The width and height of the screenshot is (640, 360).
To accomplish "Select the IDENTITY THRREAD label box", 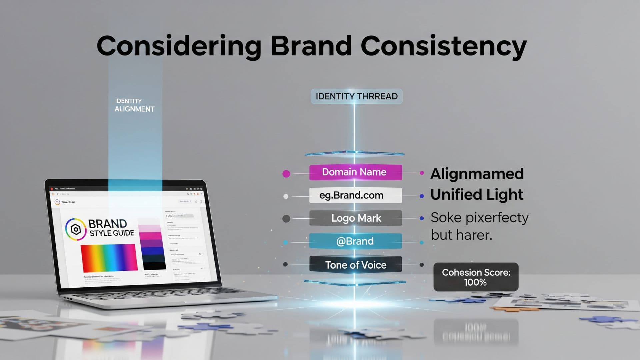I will [x=356, y=96].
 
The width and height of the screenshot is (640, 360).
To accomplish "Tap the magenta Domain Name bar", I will [x=355, y=172].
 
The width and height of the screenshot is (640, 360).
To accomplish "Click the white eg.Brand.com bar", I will [x=355, y=195].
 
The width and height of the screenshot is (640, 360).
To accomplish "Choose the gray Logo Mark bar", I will [x=355, y=218].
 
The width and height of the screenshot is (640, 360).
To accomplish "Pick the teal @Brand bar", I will [x=355, y=241].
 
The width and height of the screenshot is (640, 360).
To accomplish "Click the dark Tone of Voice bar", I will [x=355, y=265].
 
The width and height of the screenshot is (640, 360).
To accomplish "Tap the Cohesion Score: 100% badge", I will [x=476, y=277].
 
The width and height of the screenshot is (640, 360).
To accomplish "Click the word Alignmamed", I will [x=477, y=174].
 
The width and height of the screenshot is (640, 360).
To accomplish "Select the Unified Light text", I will [x=477, y=195].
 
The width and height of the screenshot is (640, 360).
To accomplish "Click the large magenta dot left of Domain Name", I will [x=286, y=174].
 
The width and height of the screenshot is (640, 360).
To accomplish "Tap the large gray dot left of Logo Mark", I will [x=286, y=219].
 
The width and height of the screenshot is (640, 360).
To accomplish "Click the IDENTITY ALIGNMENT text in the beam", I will [x=134, y=105].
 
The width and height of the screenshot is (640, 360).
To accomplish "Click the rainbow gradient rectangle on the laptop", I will [x=109, y=258].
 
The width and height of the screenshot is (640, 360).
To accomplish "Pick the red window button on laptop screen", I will [x=52, y=189].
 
